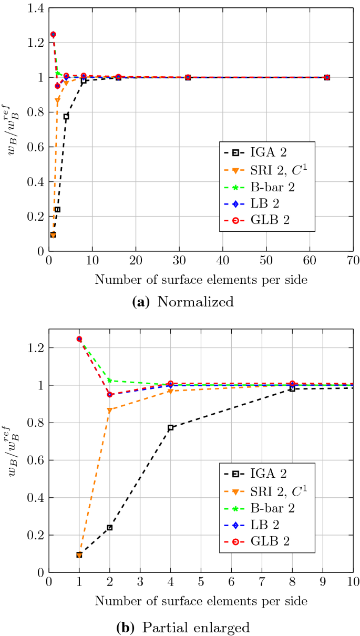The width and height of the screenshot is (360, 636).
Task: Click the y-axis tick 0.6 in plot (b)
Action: [x=34, y=460]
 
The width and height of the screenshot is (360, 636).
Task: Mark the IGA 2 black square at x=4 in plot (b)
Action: [x=170, y=428]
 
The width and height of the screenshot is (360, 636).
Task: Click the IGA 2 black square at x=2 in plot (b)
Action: [x=109, y=527]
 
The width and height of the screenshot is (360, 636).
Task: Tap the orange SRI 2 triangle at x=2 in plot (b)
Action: [x=109, y=410]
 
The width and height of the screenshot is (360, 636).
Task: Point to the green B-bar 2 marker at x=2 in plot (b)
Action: [x=109, y=380]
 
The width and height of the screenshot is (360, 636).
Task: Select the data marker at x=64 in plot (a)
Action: [x=327, y=77]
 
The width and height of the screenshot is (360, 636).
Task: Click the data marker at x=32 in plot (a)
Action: [x=188, y=77]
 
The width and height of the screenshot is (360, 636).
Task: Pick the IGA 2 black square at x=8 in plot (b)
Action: [x=292, y=388]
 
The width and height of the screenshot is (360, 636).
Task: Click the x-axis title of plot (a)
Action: [x=201, y=280]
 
